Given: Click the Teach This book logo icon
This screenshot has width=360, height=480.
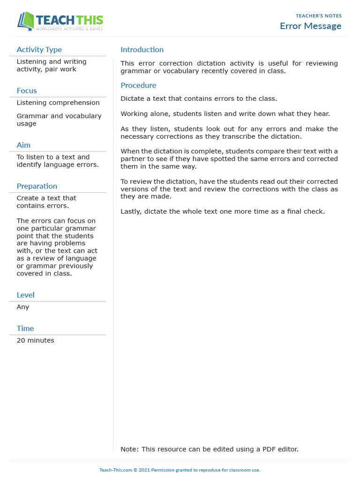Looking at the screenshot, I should (26, 22).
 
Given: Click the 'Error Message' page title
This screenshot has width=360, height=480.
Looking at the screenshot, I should (310, 26).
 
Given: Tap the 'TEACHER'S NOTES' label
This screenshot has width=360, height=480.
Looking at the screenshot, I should (318, 16).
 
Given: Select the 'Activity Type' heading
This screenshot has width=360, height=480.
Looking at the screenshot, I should (39, 50).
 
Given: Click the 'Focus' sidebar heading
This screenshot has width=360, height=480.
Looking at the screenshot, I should (27, 90).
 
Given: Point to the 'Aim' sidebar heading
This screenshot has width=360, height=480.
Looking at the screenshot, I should (23, 145).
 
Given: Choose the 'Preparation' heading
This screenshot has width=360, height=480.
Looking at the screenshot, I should (37, 186).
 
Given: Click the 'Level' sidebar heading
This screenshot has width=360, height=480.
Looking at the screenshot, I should (25, 295).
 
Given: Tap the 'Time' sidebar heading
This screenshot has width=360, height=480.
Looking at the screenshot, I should (25, 328).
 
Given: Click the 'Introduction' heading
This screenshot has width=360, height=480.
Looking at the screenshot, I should (142, 50).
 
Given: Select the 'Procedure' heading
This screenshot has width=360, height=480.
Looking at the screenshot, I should (138, 85).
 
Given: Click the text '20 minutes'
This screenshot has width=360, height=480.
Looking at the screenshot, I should (35, 340).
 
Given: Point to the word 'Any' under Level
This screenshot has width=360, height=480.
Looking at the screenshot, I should (23, 307).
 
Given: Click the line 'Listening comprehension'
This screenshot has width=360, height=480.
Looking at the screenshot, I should (58, 103).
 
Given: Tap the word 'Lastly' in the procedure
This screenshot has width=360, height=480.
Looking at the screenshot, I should (131, 211).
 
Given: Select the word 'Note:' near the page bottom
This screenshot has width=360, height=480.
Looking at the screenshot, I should (129, 449).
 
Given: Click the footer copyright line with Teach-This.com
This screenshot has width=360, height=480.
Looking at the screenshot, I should (180, 470).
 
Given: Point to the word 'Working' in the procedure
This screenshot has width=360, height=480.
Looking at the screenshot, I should (134, 113).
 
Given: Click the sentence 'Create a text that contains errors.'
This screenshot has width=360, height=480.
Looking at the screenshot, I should (46, 202).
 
